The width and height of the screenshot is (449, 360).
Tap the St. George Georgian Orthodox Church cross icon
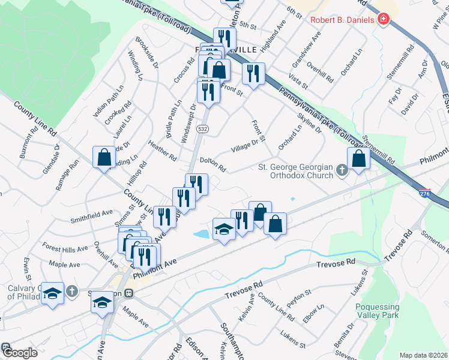[x=342, y=171]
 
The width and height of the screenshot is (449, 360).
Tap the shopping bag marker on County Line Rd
[x=104, y=157]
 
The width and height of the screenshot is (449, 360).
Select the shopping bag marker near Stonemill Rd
[x=358, y=160]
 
